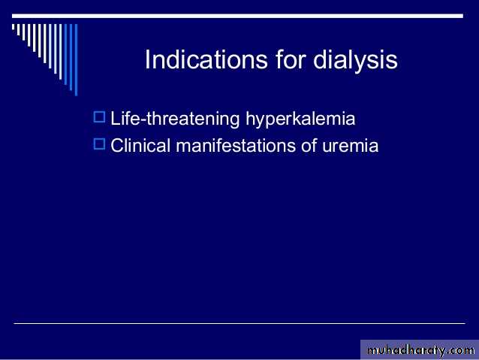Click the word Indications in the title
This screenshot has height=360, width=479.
coord(206,59)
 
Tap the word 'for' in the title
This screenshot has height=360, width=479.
coord(291,59)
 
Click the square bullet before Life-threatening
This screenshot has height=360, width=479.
coord(99,116)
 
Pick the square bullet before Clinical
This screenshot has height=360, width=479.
coord(99,144)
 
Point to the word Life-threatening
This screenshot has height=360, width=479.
coord(175,119)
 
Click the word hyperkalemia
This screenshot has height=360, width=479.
coord(300,119)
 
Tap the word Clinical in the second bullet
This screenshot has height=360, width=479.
coord(140,145)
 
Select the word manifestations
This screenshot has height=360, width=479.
coord(236,145)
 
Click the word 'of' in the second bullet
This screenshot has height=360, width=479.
coord(309,145)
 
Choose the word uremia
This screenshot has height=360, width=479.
coord(351,147)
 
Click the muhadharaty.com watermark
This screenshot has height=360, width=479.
coord(420,350)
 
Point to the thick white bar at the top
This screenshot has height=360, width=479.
coord(238,16)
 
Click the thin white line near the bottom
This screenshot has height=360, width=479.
coord(239,323)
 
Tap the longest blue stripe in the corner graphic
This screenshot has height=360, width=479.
coord(76,59)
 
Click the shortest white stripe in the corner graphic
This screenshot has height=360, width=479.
coord(13,27)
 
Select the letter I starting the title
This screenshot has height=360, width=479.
coord(147,59)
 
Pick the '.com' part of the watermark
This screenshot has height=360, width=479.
coord(460,351)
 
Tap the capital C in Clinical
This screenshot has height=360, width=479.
coord(116,146)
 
